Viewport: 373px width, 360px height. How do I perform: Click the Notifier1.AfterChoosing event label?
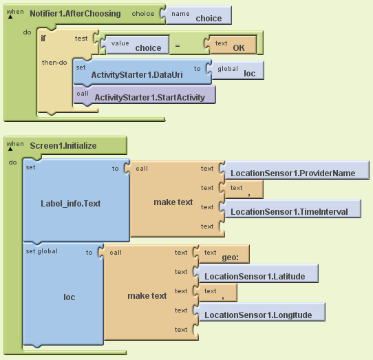pos(75,14)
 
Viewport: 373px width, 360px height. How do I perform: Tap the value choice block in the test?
pos(136,45)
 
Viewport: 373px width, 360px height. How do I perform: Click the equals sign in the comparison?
pos(178,45)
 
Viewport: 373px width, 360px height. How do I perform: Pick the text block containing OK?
pos(231,45)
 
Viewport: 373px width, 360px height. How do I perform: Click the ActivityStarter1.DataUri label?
pos(137,75)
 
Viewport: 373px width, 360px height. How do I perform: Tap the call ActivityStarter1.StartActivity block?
pos(145,95)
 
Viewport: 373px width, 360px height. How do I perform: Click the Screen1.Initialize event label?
pos(63,146)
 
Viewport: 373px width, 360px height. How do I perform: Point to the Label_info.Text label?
pos(71,204)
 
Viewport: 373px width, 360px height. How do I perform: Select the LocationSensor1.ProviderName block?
pos(295,170)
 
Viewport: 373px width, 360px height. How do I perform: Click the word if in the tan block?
pos(43,39)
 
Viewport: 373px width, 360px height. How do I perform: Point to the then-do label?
pos(54,63)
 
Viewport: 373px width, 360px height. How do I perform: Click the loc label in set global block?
pos(70,297)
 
